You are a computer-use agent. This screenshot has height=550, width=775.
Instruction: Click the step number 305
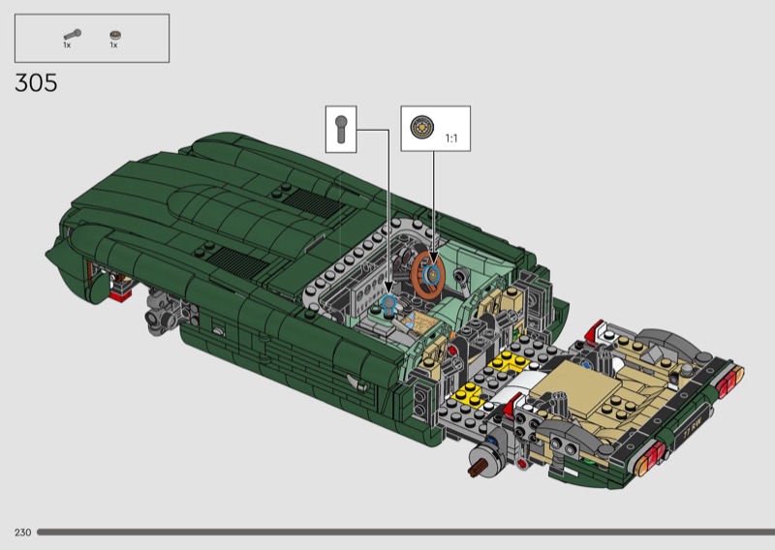point(36,82)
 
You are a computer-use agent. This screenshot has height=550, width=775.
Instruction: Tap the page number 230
point(22,533)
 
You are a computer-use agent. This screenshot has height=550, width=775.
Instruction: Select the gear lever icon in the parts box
point(72,35)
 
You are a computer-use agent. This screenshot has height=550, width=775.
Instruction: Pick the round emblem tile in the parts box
point(115,35)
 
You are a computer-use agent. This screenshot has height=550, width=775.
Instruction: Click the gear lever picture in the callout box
point(341,129)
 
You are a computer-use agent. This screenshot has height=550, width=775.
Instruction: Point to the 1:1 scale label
point(451,138)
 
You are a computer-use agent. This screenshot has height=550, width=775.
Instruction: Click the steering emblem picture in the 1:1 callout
point(421,127)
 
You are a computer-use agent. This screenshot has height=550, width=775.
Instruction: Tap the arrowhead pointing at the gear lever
point(388,289)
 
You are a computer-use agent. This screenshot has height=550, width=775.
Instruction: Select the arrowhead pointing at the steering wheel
point(433,259)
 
